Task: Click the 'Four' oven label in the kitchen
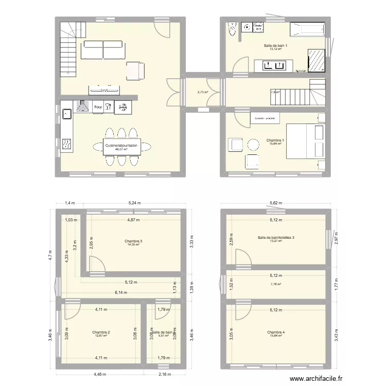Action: click(97, 107)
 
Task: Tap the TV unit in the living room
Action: click(105, 90)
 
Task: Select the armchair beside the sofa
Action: click(135, 71)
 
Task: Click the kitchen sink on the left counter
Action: click(66, 114)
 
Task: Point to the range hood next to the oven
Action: click(82, 107)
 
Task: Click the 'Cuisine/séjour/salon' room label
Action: click(121, 146)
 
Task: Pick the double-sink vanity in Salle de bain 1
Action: click(273, 65)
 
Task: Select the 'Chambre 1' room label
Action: click(275, 140)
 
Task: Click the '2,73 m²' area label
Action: click(203, 93)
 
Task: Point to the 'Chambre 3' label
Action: click(133, 241)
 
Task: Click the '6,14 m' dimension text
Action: click(120, 292)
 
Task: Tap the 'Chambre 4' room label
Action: click(275, 332)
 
